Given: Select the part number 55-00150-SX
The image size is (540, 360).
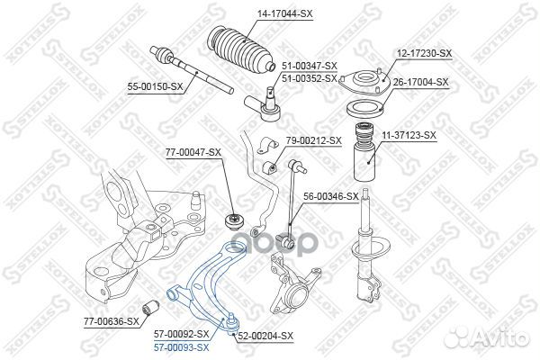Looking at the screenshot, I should (x=154, y=86).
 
